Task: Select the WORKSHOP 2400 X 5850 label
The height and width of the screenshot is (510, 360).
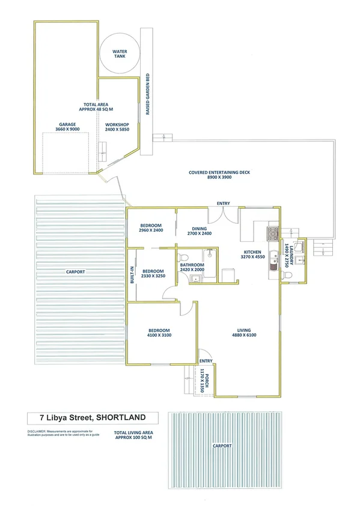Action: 117,127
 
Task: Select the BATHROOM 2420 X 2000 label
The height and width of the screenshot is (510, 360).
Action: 192,268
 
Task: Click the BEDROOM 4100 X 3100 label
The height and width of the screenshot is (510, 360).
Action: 159,333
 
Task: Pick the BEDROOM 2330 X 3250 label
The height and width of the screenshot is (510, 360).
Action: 153,274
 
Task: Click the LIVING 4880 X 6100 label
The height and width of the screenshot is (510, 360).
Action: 244,333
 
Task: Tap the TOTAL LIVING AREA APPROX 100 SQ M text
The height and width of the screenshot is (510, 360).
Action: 133,435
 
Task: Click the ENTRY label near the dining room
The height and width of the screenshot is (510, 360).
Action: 224,204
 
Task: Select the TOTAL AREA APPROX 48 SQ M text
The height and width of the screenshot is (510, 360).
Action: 96,107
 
